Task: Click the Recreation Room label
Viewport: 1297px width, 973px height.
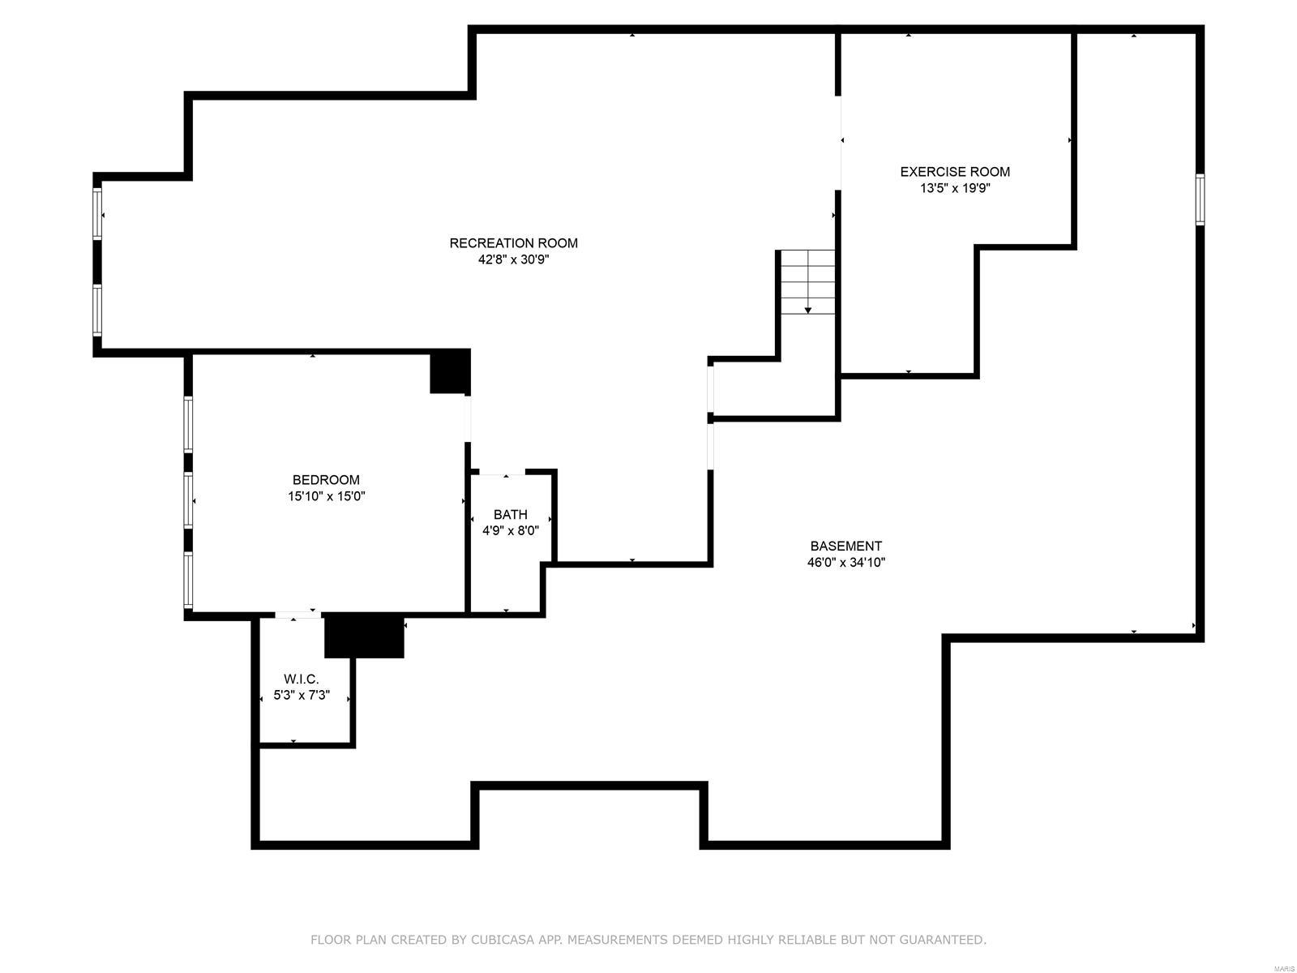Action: pyautogui.click(x=513, y=242)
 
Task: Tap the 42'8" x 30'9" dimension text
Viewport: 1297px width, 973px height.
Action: pyautogui.click(x=513, y=259)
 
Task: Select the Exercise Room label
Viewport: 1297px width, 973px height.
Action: pyautogui.click(x=955, y=171)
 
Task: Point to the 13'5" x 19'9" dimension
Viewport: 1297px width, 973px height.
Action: pyautogui.click(x=955, y=188)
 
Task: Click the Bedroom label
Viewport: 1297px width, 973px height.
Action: pyautogui.click(x=326, y=479)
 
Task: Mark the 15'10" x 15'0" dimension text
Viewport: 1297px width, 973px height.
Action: pyautogui.click(x=326, y=496)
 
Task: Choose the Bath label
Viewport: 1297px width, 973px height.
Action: pyautogui.click(x=510, y=514)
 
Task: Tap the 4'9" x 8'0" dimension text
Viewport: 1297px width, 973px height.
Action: pyautogui.click(x=510, y=531)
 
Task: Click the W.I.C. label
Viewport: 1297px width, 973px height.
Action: pyautogui.click(x=301, y=679)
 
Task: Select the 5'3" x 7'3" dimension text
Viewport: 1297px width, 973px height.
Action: pyautogui.click(x=301, y=695)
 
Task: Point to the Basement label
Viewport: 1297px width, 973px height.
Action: pyautogui.click(x=845, y=546)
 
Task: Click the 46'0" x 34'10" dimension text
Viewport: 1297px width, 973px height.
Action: pyautogui.click(x=845, y=563)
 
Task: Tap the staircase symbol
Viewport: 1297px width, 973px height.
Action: pyautogui.click(x=807, y=282)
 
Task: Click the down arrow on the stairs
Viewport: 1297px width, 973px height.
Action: pyautogui.click(x=807, y=310)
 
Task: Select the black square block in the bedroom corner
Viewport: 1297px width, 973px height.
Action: pyautogui.click(x=449, y=371)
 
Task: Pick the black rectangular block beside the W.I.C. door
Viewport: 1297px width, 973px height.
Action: pyautogui.click(x=364, y=637)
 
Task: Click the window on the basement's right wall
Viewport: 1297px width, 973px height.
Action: pyautogui.click(x=1200, y=199)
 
